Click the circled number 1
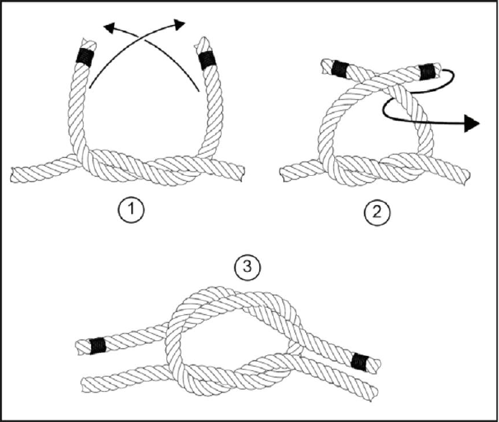(131, 210)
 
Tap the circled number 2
(377, 212)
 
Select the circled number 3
(247, 267)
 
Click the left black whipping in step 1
(85, 57)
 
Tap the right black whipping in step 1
(206, 60)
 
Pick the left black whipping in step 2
(341, 69)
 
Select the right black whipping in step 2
(427, 72)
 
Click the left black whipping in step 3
(98, 345)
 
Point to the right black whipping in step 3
(359, 361)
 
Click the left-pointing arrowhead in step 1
(110, 28)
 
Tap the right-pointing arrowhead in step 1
(180, 24)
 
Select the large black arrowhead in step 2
(472, 123)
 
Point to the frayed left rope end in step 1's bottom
(14, 174)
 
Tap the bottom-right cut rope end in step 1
(242, 174)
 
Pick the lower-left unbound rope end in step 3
(85, 385)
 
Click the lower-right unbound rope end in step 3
(374, 394)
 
